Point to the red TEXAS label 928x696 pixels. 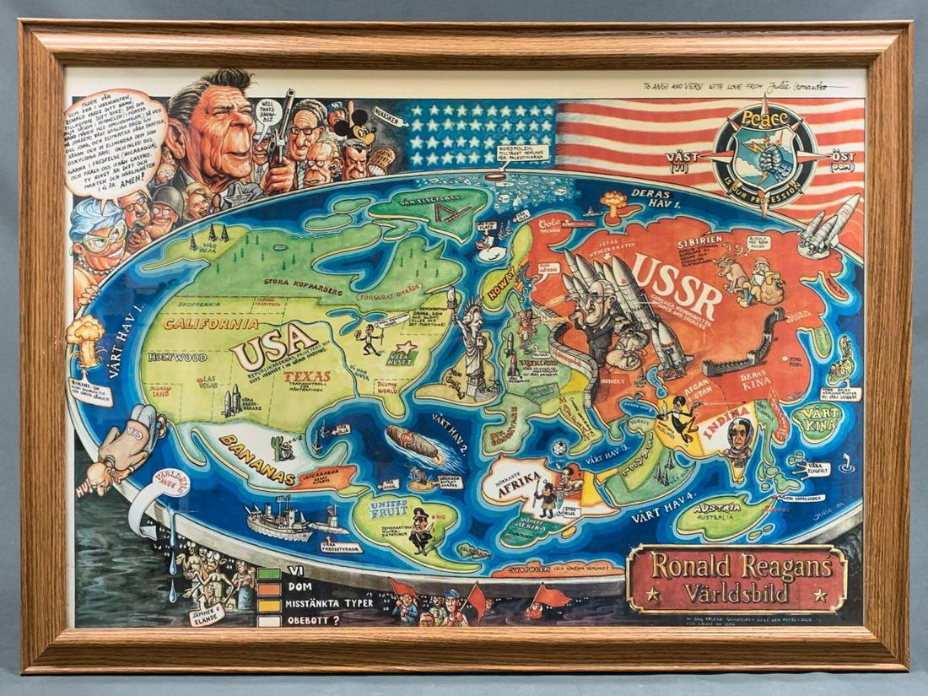[x=307, y=376]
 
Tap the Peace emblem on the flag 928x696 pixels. [x=763, y=155]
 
